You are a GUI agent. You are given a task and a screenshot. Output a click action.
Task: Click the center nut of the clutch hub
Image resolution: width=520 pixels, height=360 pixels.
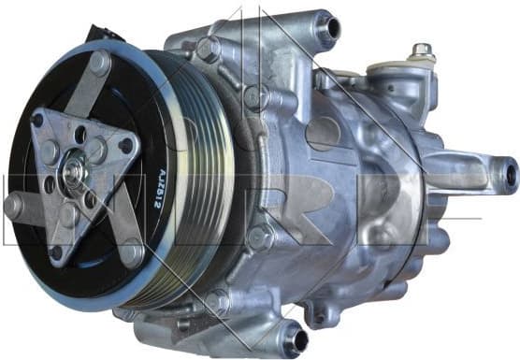[x=72, y=172]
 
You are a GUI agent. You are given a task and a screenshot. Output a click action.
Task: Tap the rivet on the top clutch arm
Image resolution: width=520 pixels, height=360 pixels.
[x=98, y=64]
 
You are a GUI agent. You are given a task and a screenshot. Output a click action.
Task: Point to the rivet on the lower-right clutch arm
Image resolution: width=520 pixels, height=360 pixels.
[x=132, y=252]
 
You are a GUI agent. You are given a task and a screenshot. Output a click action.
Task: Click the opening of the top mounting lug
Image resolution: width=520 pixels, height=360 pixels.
[x=328, y=29]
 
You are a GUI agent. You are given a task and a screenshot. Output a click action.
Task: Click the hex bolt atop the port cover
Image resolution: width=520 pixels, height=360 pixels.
[x=423, y=51]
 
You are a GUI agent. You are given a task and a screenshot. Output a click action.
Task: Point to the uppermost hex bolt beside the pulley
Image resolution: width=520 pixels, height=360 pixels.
[x=208, y=48]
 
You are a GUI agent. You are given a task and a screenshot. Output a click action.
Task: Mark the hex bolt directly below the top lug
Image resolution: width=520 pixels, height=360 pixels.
[x=254, y=95]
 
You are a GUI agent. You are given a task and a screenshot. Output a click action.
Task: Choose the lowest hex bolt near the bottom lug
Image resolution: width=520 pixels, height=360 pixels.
[x=219, y=301]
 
